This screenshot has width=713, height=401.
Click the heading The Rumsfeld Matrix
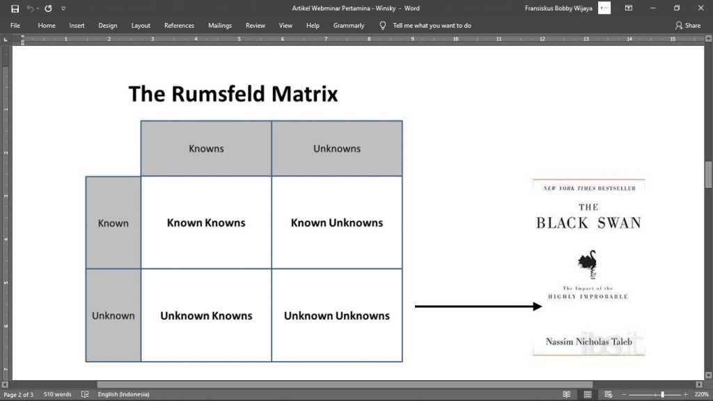[233, 94]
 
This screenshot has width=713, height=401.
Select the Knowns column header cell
[206, 148]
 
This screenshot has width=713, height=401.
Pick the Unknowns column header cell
[337, 148]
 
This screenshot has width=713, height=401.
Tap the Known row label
[113, 223]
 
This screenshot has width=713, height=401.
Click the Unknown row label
[113, 315]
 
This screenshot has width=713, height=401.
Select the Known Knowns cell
[206, 223]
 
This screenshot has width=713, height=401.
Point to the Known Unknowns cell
[337, 223]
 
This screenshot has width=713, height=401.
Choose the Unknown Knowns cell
[206, 315]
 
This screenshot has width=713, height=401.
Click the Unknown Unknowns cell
[337, 315]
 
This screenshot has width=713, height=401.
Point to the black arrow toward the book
[478, 306]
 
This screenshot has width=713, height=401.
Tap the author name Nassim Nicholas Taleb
[588, 341]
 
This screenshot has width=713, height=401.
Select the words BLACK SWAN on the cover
[588, 223]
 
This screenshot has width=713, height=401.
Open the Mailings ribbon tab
[219, 26]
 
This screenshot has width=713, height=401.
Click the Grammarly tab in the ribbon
[348, 26]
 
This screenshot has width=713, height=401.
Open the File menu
[15, 26]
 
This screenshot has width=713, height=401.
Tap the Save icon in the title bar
[15, 8]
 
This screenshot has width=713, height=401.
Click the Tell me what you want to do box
[432, 26]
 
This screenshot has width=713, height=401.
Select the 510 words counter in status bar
[57, 394]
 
